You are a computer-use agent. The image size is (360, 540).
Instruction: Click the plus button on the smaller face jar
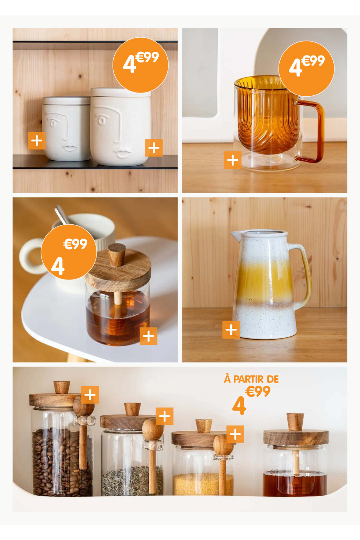37,140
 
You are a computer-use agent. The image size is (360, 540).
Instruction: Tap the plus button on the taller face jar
154,148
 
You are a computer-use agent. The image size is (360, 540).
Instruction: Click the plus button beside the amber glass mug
232,160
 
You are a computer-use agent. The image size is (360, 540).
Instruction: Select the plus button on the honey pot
149,336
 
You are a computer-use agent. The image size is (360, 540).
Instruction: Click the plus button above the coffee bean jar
90,395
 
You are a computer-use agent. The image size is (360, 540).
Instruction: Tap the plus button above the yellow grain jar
235,434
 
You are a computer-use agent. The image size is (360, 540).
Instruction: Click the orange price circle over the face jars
141,65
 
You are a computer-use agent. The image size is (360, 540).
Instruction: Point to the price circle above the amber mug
307,68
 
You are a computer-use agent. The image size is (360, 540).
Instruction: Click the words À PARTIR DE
251,379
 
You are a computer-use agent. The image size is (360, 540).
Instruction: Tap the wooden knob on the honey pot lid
117,254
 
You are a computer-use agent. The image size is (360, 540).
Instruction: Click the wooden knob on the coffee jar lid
62,387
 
